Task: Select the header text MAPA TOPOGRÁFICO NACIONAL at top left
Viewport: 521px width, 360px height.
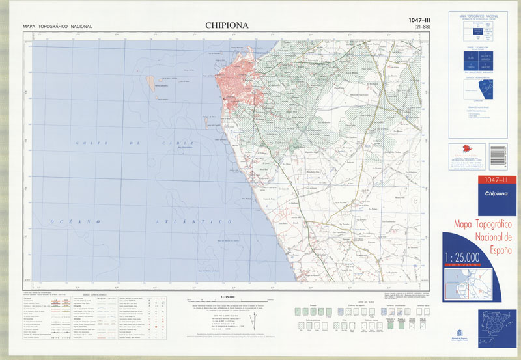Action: click(57, 27)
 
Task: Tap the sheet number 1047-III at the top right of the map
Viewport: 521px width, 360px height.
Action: click(417, 20)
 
